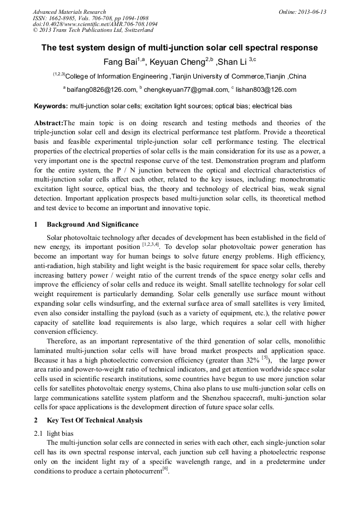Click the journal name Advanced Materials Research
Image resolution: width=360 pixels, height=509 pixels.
[70, 12]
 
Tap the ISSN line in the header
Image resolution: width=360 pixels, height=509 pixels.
[91, 18]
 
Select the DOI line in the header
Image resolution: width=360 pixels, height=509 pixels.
[95, 24]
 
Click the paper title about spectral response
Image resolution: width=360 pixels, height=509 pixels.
[179, 48]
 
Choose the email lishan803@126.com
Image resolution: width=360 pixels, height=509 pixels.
[265, 90]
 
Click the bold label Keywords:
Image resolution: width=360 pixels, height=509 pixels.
[50, 106]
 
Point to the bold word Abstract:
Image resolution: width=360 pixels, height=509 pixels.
[48, 123]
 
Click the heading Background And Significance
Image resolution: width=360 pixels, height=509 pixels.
[92, 225]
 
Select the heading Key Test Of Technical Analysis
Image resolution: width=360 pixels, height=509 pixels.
[95, 420]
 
